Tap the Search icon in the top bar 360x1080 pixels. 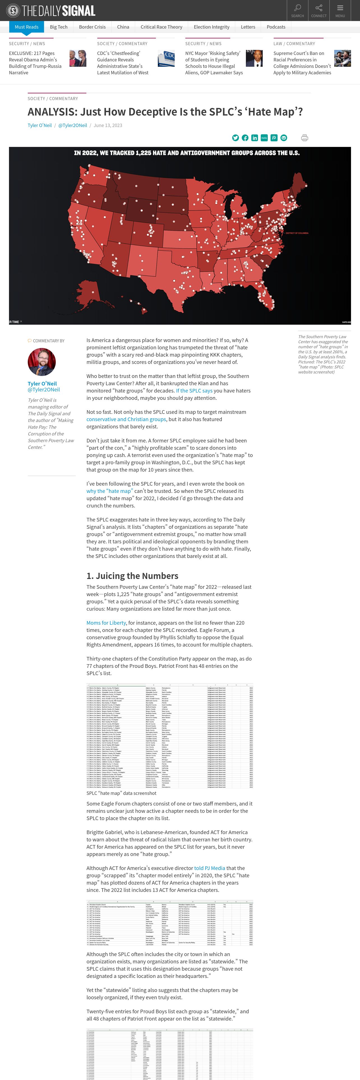297,10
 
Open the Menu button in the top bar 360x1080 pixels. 340,10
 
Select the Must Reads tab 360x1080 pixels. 26,27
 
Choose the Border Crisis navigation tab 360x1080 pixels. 92,27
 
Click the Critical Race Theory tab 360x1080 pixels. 161,27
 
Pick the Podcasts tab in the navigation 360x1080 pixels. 276,27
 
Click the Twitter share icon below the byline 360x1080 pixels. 236,138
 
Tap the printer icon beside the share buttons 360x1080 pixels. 305,138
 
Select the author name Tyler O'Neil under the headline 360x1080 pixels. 40,125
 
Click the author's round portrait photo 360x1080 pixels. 41,362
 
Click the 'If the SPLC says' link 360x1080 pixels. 194,391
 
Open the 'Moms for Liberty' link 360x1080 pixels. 106,623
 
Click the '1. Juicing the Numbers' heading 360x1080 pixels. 132,576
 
